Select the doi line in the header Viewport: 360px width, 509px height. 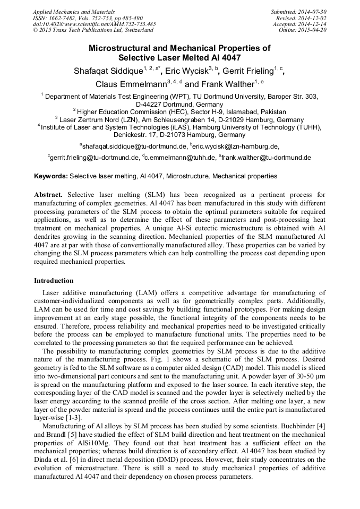click(x=94, y=24)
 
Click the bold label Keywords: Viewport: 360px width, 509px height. click(x=50, y=176)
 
